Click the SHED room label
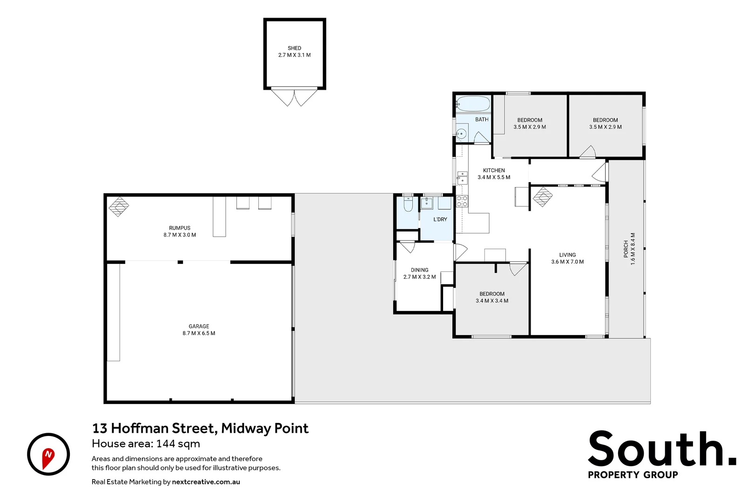pos(294,48)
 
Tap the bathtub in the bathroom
pos(473,104)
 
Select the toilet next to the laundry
pos(408,204)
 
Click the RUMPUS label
pos(180,228)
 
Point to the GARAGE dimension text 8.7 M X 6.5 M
pos(199,333)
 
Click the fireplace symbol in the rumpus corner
pos(119,206)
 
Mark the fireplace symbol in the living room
pos(542,197)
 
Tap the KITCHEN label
pos(494,171)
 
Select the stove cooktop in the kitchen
pos(462,201)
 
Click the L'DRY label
pos(440,219)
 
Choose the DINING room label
pos(419,270)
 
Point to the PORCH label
pos(626,249)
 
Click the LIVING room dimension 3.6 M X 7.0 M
pos(567,262)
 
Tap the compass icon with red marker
pos(48,454)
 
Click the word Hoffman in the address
pos(141,428)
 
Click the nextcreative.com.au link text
pos(206,482)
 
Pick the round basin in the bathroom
pos(461,134)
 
